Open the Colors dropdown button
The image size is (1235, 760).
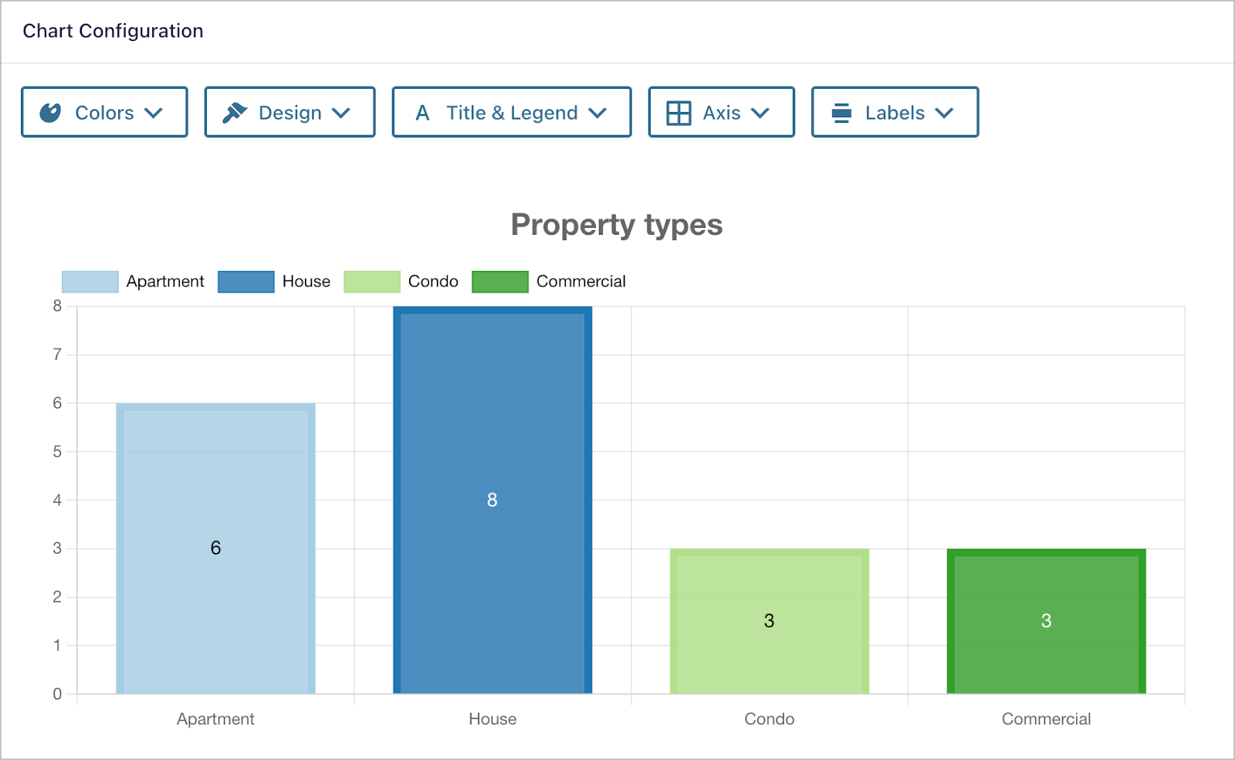coord(104,113)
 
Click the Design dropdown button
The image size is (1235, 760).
coord(289,113)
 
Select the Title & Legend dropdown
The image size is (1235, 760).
coord(511,113)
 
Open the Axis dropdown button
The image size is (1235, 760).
coord(721,113)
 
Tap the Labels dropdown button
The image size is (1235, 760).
coord(895,113)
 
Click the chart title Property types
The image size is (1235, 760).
coord(616,225)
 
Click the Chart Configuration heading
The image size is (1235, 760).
coord(113,31)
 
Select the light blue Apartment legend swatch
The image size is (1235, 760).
coord(90,282)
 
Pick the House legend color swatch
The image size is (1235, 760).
coord(245,282)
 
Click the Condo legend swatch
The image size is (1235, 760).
coord(371,282)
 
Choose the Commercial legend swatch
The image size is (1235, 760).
coord(499,282)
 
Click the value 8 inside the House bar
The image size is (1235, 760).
coord(492,500)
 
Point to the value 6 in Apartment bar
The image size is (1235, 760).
coord(215,548)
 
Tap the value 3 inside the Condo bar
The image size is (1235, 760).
coord(769,621)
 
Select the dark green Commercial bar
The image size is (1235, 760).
coord(1046,587)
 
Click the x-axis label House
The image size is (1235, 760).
coord(492,719)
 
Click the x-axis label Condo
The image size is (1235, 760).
coord(769,719)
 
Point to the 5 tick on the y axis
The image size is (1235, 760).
coord(57,452)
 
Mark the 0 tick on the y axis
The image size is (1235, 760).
coord(57,694)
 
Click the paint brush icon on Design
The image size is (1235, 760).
coord(234,113)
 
